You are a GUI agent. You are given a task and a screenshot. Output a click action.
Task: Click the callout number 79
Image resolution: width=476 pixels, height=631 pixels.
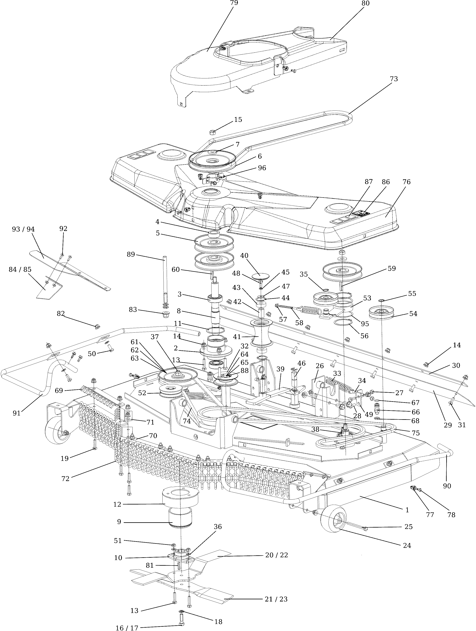point(234,3)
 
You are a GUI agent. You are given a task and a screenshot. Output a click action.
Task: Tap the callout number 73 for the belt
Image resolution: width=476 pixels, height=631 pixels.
point(393,79)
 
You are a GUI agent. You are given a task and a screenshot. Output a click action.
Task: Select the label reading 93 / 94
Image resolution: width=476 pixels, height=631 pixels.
point(23,229)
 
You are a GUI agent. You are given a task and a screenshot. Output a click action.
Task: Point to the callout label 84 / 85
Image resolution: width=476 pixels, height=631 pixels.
point(20,269)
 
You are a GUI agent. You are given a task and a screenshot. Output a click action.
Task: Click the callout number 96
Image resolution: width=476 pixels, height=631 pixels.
point(262,168)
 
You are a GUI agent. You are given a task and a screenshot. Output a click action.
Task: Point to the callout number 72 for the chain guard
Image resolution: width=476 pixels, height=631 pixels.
point(65,479)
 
